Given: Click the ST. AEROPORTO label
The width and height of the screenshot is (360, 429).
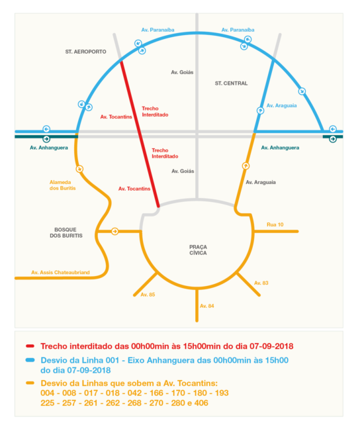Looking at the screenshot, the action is click(85, 52).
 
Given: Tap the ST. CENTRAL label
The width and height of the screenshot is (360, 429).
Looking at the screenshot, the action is click(231, 83).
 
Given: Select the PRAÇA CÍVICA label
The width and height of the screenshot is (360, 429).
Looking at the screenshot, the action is click(198, 250).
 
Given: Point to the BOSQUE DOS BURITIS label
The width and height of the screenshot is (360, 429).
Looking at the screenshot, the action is click(66, 232).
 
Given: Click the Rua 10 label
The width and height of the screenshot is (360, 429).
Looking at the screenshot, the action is click(275, 224).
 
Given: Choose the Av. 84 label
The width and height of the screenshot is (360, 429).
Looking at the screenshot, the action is click(207, 306).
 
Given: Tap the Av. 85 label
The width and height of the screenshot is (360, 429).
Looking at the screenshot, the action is click(148, 295).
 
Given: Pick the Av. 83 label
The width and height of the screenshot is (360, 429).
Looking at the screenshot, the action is click(261, 283).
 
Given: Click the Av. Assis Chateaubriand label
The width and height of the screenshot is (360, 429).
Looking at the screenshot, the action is click(60, 273).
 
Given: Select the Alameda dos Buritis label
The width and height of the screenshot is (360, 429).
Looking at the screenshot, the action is click(62, 185).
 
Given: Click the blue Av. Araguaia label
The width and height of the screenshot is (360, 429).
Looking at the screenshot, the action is click(281, 106).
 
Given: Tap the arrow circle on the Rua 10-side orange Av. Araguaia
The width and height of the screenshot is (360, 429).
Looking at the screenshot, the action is click(246, 166).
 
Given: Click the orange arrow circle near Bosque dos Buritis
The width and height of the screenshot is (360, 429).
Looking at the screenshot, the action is click(115, 232).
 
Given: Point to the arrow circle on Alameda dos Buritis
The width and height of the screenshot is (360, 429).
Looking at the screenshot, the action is click(79, 169).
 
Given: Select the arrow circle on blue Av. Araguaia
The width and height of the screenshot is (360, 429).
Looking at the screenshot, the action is click(260, 111).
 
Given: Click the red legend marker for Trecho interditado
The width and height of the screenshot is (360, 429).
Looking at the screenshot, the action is click(30, 346).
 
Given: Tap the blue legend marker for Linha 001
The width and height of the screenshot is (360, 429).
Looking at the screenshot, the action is click(30, 360).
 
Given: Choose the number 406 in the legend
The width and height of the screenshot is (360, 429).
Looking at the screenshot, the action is click(201, 403).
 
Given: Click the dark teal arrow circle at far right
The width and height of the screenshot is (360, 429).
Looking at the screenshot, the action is click(333, 139).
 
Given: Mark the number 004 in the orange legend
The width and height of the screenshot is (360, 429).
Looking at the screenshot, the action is click(48, 393).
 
